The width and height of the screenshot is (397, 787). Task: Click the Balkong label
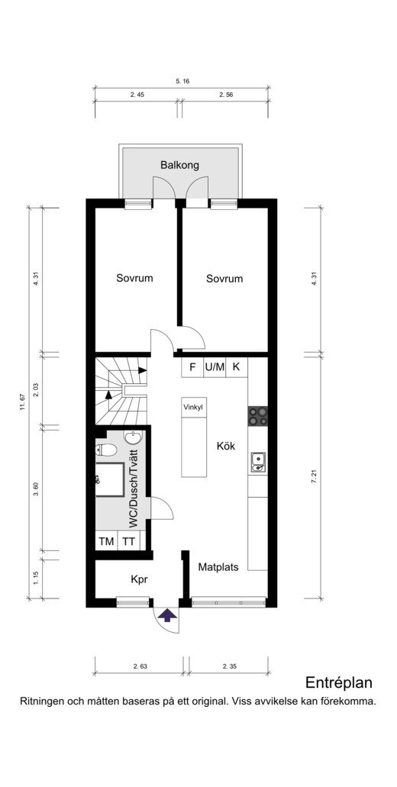pos(179,165)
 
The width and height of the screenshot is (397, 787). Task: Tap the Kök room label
pos(226,446)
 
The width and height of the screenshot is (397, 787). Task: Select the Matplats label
pos(218,568)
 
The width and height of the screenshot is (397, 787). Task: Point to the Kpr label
pos(140,579)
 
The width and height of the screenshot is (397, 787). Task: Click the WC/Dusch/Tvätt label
pos(134,489)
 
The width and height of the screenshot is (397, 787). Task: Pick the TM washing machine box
pos(106,541)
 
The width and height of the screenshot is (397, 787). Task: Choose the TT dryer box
pos(128,541)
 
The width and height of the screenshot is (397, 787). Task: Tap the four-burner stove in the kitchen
pos(257,415)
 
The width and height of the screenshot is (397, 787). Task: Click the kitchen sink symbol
pos(259,463)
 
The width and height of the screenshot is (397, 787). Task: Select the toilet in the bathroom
pos(105,449)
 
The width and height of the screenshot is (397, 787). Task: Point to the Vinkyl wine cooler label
pos(194,408)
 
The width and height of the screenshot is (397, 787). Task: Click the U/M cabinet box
pos(215,367)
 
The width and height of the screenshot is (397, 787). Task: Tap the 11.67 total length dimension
pos(22,402)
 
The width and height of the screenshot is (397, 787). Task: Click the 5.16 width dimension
pos(182,81)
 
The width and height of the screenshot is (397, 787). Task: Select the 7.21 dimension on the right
pos(315,477)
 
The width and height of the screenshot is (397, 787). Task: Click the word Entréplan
pos(339,683)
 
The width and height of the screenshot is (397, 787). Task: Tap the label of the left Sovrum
pos(134,278)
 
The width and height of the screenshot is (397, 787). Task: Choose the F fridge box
pos(192,367)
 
